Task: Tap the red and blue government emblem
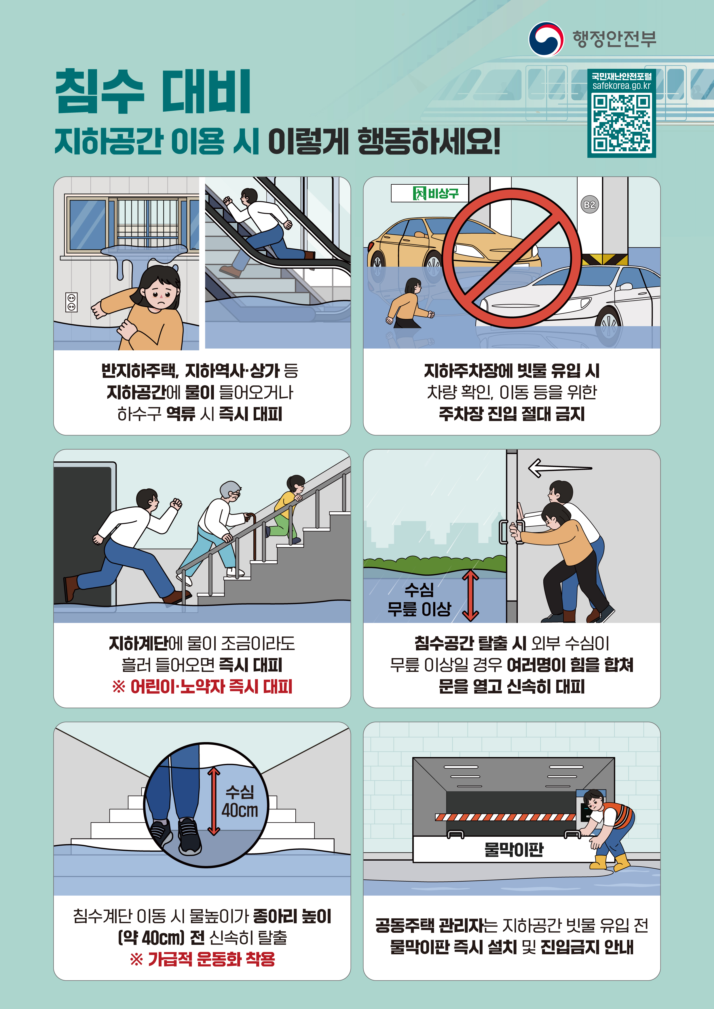coord(546,39)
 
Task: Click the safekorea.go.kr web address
coord(621,86)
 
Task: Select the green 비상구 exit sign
coord(429,193)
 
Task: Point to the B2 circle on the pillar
coord(590,204)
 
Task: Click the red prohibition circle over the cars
coord(512,258)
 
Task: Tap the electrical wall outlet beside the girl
coord(71,302)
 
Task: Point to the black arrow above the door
coord(560,468)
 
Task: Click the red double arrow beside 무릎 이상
coord(470,595)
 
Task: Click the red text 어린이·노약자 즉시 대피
coord(202,687)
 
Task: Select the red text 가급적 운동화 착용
coord(202,959)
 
